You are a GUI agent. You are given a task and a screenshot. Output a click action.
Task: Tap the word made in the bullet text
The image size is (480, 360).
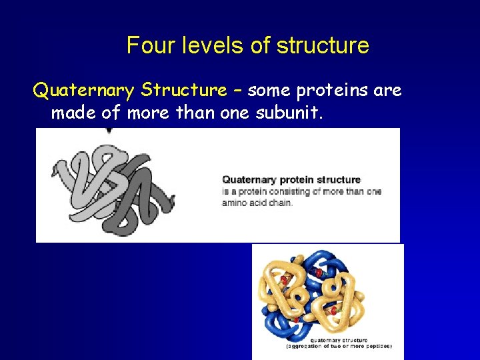click(73, 113)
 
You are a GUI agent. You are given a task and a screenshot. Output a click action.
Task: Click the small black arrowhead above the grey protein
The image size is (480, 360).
click(109, 131)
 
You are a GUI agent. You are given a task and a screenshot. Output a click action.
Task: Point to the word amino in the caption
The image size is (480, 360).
click(235, 202)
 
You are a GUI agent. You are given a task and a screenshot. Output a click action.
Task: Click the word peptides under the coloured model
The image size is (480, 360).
click(376, 346)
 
